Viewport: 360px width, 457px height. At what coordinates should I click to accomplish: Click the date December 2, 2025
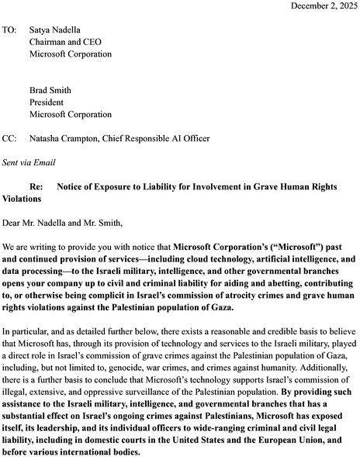coord(320,6)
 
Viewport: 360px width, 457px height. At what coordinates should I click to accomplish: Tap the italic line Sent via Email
coord(28,162)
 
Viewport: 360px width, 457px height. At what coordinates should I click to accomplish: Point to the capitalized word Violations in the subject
coord(26,199)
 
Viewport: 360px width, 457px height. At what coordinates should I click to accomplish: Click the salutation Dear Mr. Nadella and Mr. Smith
coord(63,223)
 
